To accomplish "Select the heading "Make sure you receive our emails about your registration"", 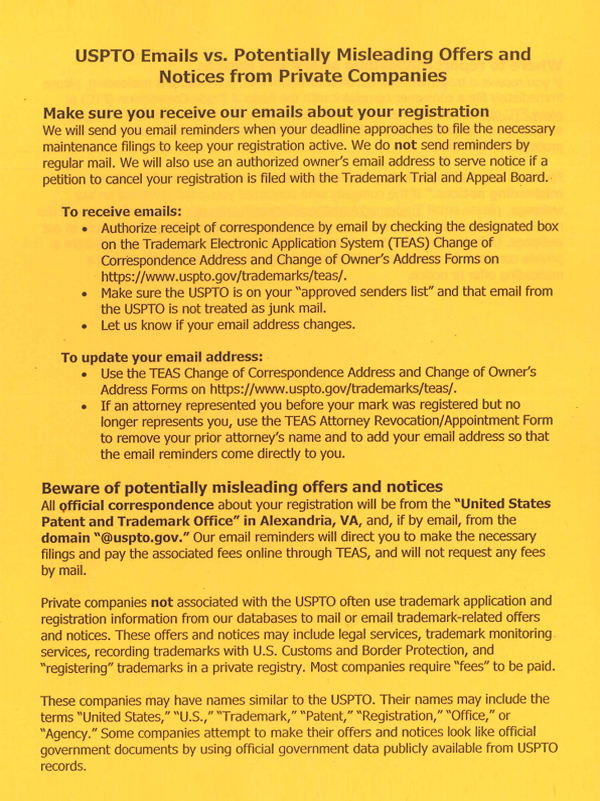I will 266,111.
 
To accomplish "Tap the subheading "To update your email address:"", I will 162,357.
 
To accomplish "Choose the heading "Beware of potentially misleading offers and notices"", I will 242,487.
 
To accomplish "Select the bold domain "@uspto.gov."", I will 142,537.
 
